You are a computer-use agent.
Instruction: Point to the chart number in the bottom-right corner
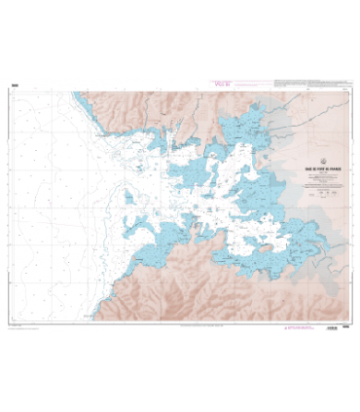click(347, 328)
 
